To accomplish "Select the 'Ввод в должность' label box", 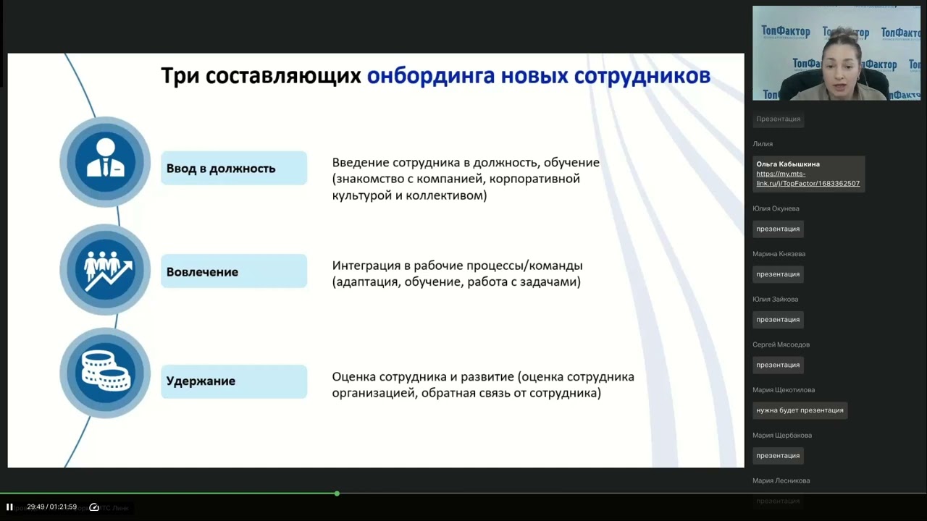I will [x=234, y=168].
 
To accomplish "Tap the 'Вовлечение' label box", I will [x=234, y=271].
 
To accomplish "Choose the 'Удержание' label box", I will [x=234, y=381].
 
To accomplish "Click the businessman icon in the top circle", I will [x=105, y=161].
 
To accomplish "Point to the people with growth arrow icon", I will [x=106, y=269].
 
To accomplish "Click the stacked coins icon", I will [x=105, y=373].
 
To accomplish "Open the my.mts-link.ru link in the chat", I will [x=808, y=179].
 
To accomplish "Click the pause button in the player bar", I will [x=9, y=507].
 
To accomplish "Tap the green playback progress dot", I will [x=337, y=494].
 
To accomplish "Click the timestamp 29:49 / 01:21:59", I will [x=51, y=507].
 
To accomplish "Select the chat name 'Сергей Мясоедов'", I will [x=781, y=344].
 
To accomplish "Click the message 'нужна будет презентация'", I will [x=800, y=410].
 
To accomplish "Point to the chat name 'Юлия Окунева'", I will [x=776, y=208].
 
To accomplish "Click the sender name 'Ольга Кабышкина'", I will [x=788, y=164].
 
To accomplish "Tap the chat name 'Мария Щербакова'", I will [x=782, y=435].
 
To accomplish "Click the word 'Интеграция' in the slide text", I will [x=366, y=266].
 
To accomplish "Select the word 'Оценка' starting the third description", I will [x=352, y=377].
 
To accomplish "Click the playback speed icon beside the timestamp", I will [x=94, y=507].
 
